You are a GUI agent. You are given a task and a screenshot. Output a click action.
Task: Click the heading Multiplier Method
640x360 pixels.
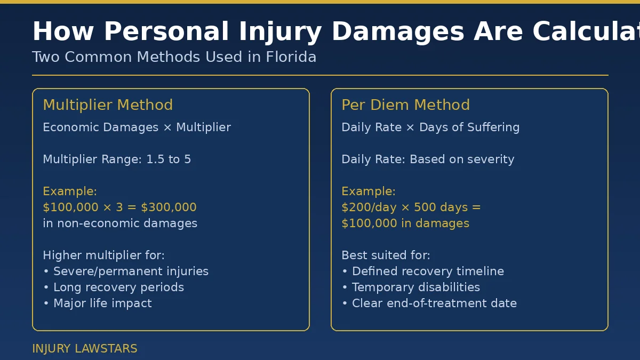click(108, 105)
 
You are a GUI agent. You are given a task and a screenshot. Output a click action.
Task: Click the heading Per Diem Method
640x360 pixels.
click(405, 105)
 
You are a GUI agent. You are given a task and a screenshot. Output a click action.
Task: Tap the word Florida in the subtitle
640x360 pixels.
click(291, 57)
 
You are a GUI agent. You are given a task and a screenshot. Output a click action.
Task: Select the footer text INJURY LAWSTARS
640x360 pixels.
click(85, 349)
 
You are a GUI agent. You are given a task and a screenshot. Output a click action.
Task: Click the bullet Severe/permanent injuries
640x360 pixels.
click(131, 271)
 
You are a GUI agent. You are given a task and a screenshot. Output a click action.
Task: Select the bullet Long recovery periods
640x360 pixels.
click(118, 287)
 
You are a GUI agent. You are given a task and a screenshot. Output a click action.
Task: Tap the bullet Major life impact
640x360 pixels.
click(102, 303)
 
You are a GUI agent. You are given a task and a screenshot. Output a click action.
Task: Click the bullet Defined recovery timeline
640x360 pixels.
click(428, 271)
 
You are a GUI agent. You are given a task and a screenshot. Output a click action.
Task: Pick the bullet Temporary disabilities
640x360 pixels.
click(416, 287)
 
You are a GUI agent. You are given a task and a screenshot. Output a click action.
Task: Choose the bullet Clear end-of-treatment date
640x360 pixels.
click(434, 303)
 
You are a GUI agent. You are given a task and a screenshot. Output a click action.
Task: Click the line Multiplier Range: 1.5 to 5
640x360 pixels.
click(117, 159)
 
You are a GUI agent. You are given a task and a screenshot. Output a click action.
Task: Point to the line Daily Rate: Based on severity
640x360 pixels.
click(428, 159)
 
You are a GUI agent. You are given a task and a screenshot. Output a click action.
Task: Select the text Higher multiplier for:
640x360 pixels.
click(103, 255)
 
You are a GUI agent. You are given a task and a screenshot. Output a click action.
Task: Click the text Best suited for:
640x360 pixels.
click(386, 255)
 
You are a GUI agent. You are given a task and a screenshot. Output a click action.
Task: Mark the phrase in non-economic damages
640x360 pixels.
click(120, 223)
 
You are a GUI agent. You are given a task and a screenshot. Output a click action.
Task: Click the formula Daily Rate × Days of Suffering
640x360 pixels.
click(430, 127)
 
